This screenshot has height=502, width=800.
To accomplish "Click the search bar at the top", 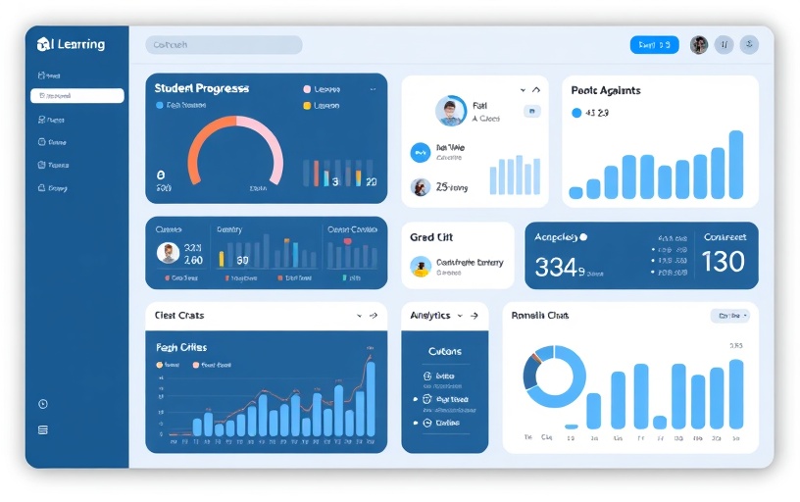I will tap(224, 45).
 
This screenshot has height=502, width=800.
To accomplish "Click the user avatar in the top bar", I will tap(699, 45).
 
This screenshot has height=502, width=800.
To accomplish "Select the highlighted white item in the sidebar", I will tap(77, 96).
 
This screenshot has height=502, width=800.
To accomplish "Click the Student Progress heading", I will tap(202, 88).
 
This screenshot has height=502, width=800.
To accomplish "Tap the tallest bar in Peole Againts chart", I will tap(735, 165).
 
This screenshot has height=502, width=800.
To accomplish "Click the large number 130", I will tap(723, 262).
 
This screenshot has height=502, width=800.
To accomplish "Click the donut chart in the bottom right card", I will tap(554, 377).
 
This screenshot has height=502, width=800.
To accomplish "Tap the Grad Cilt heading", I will tap(431, 237).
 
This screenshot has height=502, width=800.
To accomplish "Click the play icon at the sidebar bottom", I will tap(42, 404).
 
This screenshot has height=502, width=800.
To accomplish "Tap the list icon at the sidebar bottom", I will tap(42, 429).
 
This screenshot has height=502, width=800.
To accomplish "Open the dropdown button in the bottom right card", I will tap(729, 316).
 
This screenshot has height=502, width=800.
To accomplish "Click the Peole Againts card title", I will tap(605, 90).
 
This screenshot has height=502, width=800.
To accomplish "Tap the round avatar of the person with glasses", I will tap(451, 111).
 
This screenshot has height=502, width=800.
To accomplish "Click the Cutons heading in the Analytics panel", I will tap(444, 351).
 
